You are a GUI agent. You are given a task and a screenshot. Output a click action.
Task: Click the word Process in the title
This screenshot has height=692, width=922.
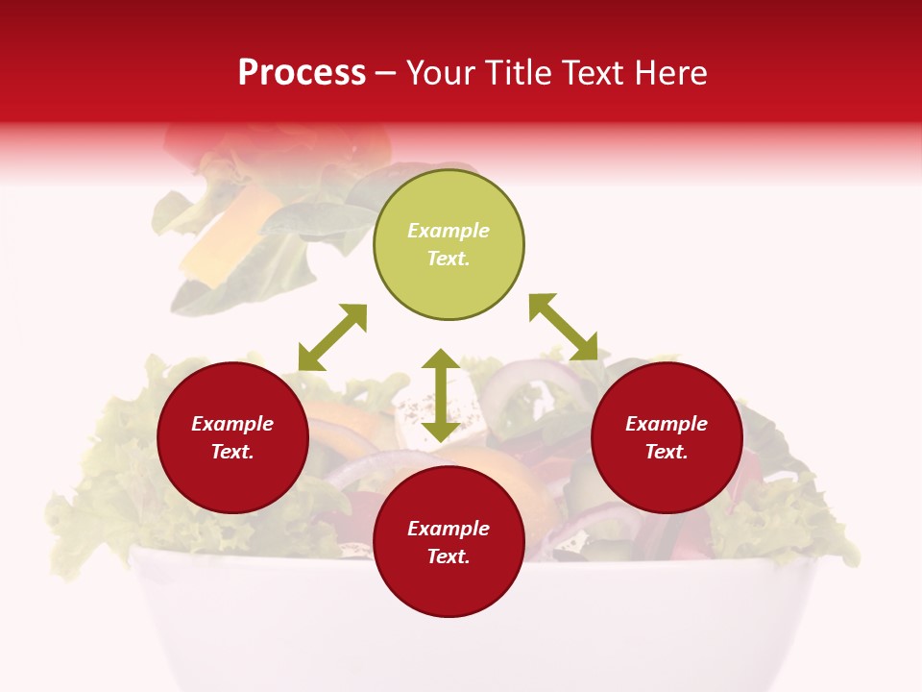point(302,73)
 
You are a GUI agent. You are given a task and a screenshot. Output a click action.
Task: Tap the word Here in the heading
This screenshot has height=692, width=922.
point(670,73)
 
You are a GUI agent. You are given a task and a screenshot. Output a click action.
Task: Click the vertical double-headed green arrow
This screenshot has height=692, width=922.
point(441,395)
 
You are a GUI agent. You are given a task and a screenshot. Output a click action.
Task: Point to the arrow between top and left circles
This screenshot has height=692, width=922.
point(332,337)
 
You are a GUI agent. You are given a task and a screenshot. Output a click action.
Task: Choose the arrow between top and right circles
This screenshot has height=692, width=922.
point(563,327)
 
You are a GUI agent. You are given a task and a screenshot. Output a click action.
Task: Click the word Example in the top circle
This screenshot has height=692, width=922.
point(449,231)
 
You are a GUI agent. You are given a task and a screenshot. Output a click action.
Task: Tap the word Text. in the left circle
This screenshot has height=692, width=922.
point(232,452)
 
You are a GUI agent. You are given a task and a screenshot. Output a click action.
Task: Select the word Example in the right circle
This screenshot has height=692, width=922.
point(667,424)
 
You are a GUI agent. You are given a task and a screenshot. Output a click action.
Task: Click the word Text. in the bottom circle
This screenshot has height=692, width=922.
point(449,556)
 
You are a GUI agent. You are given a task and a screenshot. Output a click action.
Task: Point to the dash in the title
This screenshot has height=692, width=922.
point(386,73)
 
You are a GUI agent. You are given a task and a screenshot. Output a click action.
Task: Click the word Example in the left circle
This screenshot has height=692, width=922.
point(232,424)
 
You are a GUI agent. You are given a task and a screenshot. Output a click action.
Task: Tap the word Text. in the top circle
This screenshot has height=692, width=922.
point(449,259)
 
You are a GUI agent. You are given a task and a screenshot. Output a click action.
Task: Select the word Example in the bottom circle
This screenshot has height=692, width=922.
point(449,529)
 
